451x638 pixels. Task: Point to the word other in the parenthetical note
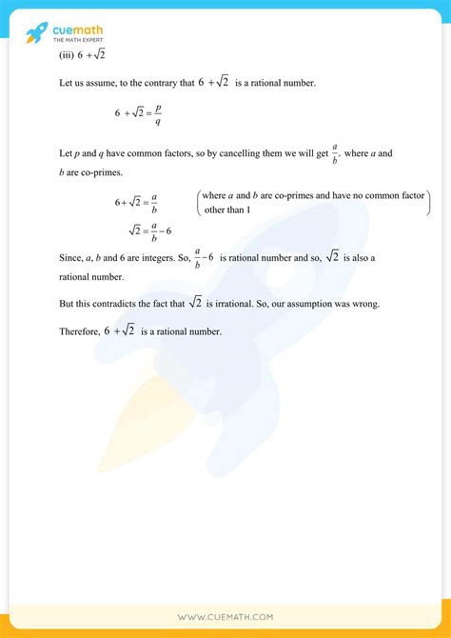coord(215,209)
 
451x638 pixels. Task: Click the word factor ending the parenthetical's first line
coord(411,195)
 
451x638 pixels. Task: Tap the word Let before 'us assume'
coord(66,84)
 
